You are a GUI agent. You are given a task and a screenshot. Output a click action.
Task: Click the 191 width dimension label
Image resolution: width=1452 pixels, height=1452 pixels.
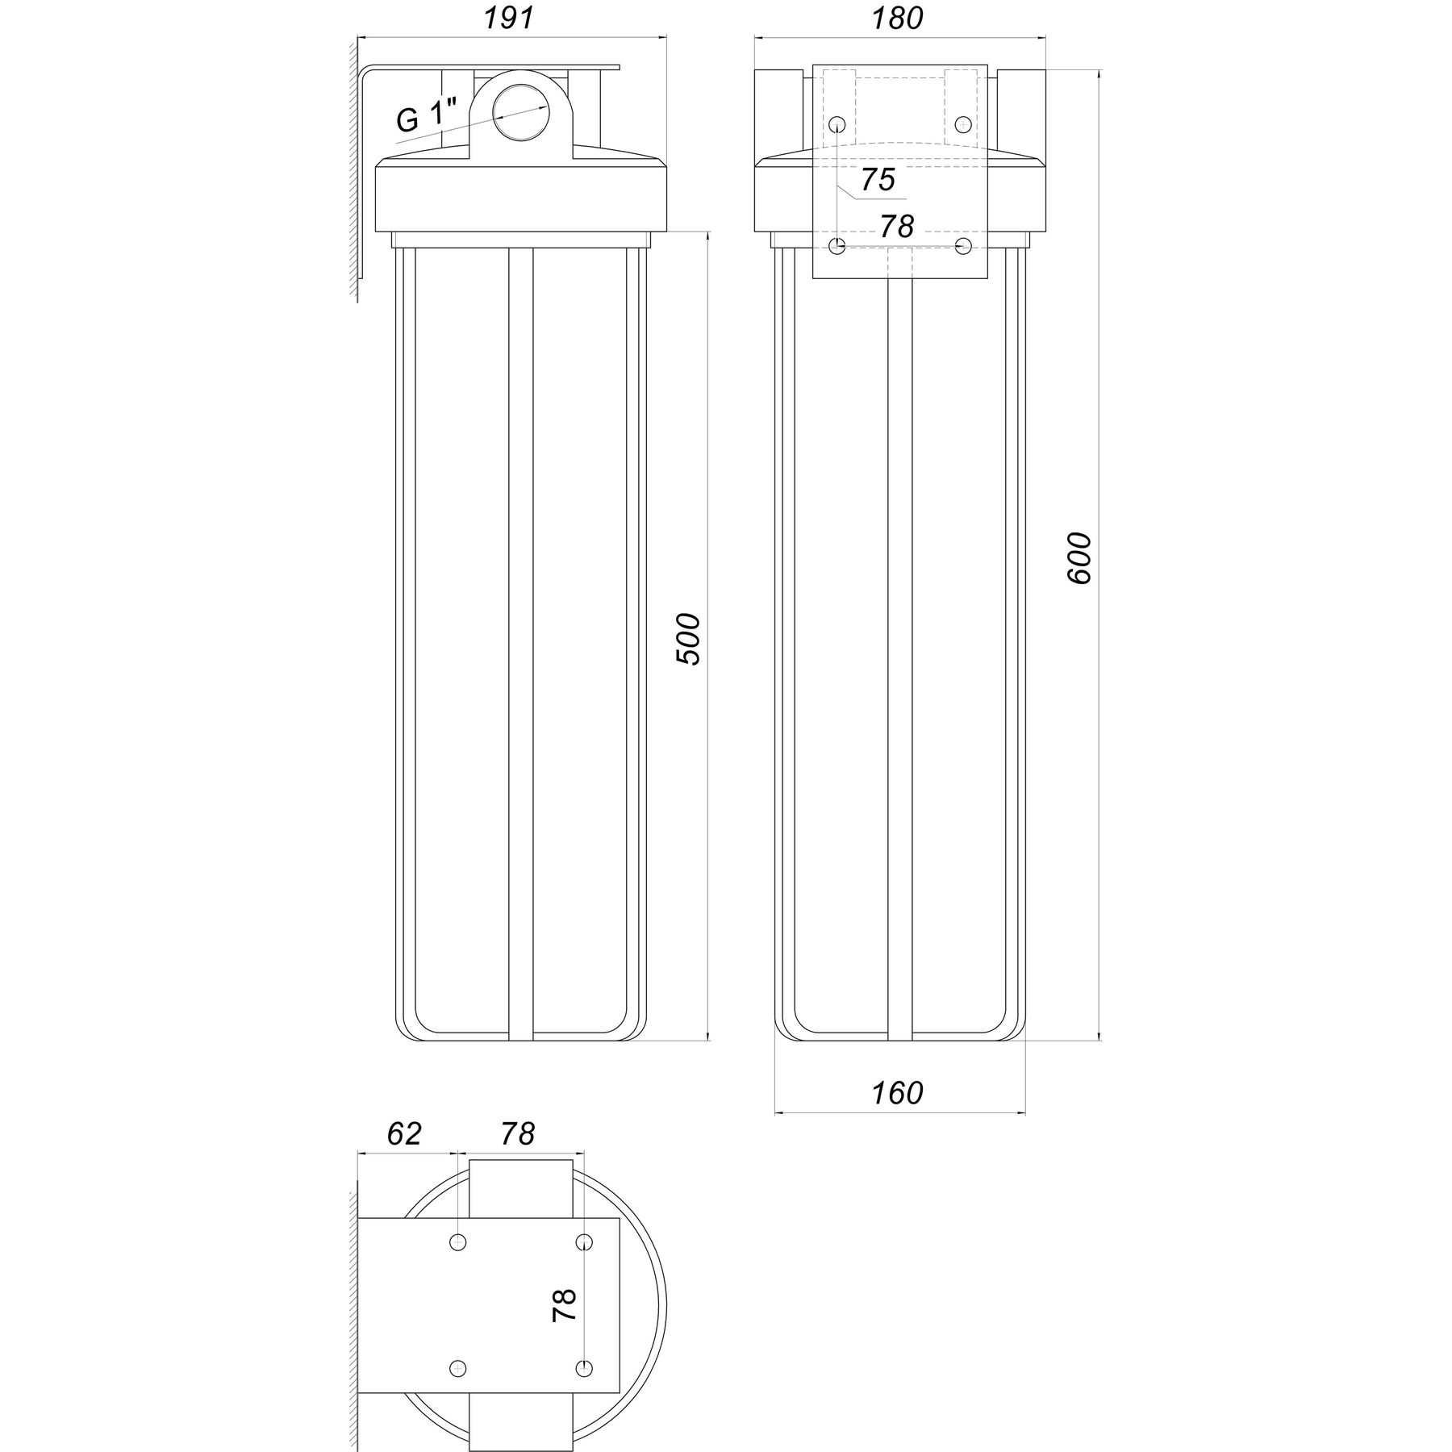[509, 19]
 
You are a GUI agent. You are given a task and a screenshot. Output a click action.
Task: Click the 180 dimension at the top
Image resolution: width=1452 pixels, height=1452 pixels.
[898, 19]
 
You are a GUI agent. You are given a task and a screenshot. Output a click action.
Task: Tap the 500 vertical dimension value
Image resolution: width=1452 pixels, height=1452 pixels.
[688, 639]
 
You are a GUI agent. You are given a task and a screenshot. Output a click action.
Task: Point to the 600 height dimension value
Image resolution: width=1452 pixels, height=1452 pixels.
[1079, 558]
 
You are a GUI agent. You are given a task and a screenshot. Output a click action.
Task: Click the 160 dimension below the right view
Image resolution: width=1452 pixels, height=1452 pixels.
[897, 1093]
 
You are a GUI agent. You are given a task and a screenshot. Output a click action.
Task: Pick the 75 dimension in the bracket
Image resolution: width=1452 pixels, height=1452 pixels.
[878, 180]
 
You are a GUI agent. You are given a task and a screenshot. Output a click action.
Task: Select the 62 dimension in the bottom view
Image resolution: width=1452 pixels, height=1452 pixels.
[404, 1133]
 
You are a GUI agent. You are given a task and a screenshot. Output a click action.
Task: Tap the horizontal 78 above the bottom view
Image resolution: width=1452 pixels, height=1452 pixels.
[517, 1133]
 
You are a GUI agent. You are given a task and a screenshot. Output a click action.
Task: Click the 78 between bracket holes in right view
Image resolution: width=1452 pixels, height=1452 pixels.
[896, 227]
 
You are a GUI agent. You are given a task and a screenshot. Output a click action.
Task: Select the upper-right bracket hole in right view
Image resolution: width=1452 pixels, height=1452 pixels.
[962, 124]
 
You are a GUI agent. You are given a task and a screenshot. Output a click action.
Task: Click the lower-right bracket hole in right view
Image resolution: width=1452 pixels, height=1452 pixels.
[962, 245]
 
